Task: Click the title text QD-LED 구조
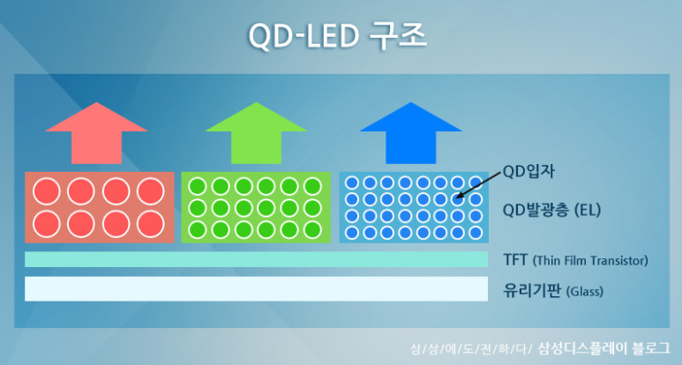tap(338, 35)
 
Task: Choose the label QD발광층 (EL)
tap(551, 211)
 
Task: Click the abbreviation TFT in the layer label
tap(515, 260)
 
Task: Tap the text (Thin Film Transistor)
tap(590, 261)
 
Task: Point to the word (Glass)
tap(585, 291)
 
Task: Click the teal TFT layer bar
tap(256, 259)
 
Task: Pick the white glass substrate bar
tap(256, 288)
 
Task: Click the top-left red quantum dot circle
tap(47, 191)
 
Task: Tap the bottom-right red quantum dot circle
tap(151, 224)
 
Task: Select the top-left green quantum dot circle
tap(197, 187)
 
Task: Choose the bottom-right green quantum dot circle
tap(312, 230)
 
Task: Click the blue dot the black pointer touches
tap(458, 199)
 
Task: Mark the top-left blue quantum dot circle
tap(351, 182)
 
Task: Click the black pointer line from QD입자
tap(479, 185)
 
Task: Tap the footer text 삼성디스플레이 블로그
tap(603, 348)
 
